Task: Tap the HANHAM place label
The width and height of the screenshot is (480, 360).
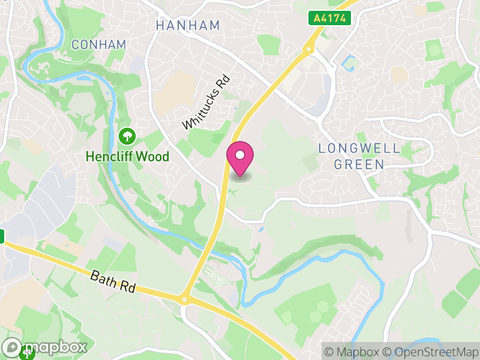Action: pyautogui.click(x=187, y=26)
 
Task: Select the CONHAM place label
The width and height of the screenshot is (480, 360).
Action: pyautogui.click(x=98, y=44)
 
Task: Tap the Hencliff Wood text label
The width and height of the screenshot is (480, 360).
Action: pyautogui.click(x=127, y=157)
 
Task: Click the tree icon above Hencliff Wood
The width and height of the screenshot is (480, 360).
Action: pyautogui.click(x=127, y=136)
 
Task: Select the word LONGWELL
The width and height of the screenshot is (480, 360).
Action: pyautogui.click(x=351, y=148)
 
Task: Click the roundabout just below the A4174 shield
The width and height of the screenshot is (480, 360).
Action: pyautogui.click(x=310, y=49)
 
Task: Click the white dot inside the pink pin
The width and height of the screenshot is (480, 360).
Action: pyautogui.click(x=240, y=155)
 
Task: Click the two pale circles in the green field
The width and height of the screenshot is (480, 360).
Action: pyautogui.click(x=319, y=307)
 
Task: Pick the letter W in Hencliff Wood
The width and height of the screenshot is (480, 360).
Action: pyautogui.click(x=140, y=157)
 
